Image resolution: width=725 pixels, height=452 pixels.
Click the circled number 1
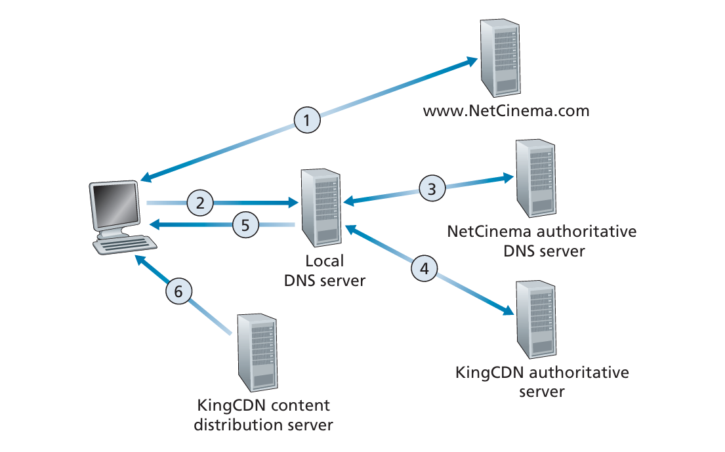(307, 120)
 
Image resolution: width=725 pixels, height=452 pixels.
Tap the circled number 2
(200, 202)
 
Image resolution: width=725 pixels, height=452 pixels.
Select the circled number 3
(432, 189)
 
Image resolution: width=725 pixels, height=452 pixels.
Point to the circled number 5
(245, 225)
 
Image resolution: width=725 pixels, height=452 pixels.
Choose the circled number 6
(178, 291)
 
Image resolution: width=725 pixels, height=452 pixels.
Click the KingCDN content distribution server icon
(257, 352)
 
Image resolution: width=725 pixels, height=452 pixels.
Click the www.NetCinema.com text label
(506, 111)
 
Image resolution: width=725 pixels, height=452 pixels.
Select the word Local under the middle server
(325, 261)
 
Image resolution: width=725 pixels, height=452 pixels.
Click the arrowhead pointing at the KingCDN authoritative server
(506, 310)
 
